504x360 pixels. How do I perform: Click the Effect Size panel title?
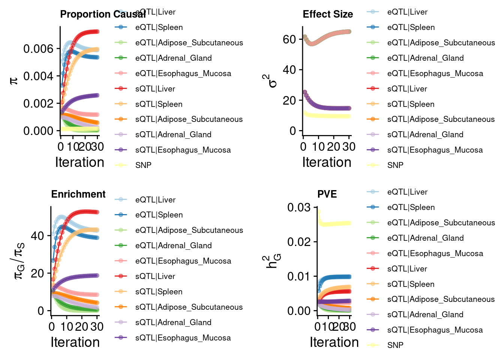click(x=328, y=14)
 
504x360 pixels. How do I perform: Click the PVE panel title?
click(x=327, y=194)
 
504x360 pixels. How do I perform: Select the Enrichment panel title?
click(x=78, y=194)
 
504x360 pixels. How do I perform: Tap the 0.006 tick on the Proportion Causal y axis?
click(x=38, y=49)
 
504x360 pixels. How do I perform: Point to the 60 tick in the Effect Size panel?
click(x=289, y=39)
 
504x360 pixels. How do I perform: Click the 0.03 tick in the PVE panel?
click(x=299, y=207)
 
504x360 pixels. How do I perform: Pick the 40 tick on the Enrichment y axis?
click(x=37, y=236)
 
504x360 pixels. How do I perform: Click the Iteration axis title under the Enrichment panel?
click(x=75, y=342)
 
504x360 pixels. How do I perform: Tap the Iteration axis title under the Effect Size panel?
click(x=327, y=162)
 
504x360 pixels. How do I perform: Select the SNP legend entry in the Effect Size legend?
click(x=395, y=165)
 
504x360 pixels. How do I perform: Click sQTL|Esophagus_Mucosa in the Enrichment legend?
click(x=183, y=338)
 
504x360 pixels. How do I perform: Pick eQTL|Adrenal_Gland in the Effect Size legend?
click(x=425, y=58)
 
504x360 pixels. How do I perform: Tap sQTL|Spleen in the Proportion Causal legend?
click(x=159, y=104)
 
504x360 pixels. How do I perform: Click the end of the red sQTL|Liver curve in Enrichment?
click(x=97, y=212)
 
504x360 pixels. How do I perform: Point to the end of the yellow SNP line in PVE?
click(x=349, y=223)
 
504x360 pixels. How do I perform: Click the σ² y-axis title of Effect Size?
click(x=273, y=81)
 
